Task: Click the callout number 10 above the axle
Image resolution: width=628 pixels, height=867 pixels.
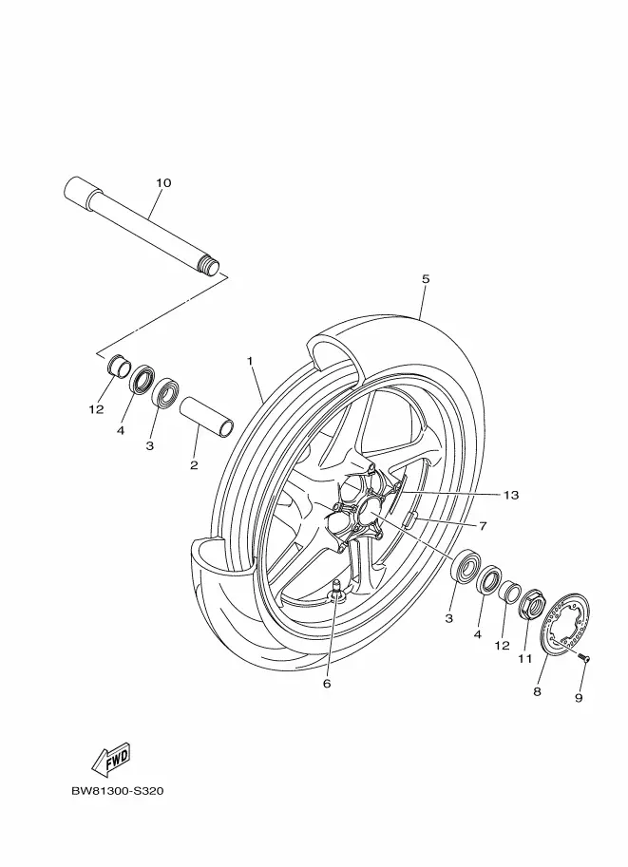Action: (x=163, y=181)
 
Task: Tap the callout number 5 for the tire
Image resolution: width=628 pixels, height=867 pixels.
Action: (x=426, y=278)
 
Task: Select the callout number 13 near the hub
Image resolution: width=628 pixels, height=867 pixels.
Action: (x=512, y=495)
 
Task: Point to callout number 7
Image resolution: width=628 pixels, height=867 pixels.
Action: (x=483, y=525)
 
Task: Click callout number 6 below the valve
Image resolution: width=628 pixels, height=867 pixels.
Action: (x=327, y=683)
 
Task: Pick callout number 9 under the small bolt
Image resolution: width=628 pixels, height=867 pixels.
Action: (x=579, y=698)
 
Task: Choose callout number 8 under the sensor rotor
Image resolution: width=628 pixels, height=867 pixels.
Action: (x=537, y=692)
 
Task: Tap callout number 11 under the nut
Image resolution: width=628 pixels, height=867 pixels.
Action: (x=523, y=658)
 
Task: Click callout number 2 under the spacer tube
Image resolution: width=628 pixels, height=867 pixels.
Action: (x=194, y=465)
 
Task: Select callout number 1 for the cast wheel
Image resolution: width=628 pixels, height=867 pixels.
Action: (x=250, y=361)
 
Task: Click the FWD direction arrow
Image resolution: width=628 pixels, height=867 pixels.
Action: (x=110, y=759)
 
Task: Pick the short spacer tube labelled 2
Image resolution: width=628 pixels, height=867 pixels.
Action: (x=206, y=417)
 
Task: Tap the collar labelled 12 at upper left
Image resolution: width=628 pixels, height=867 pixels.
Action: (x=121, y=367)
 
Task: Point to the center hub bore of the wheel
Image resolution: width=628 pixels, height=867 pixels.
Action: (x=369, y=513)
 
